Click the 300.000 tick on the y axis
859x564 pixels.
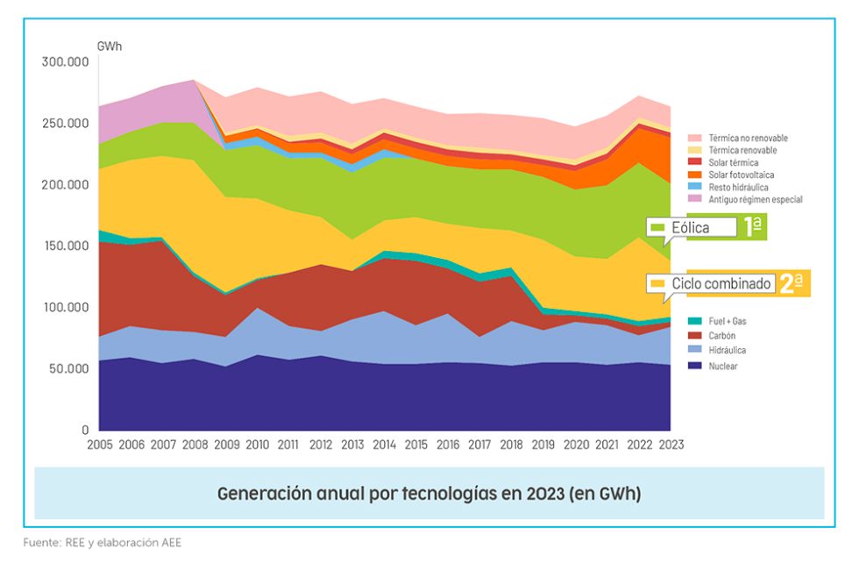pyautogui.click(x=66, y=61)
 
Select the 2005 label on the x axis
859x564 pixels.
pyautogui.click(x=100, y=445)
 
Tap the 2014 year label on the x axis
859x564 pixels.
pyautogui.click(x=385, y=445)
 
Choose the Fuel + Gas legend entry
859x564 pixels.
pyautogui.click(x=728, y=321)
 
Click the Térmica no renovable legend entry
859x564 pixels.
pyautogui.click(x=748, y=139)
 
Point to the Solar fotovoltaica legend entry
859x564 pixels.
pyautogui.click(x=742, y=175)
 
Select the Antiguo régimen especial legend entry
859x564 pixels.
pyautogui.click(x=755, y=199)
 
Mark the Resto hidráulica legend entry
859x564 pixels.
pyautogui.click(x=737, y=187)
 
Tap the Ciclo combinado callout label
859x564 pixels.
pyautogui.click(x=721, y=284)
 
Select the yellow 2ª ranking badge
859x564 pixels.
pyautogui.click(x=792, y=283)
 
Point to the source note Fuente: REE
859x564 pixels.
pyautogui.click(x=67, y=543)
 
